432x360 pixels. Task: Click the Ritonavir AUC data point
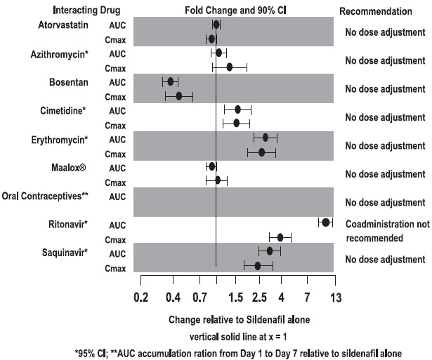(x=325, y=222)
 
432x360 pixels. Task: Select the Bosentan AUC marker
(x=170, y=81)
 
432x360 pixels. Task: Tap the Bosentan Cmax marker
(x=178, y=96)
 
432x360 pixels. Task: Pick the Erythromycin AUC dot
(x=266, y=138)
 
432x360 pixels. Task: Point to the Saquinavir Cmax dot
(x=257, y=265)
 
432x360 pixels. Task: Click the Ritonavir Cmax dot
(x=280, y=237)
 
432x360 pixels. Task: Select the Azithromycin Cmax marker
(x=229, y=67)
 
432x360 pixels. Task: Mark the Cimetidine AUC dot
(x=237, y=109)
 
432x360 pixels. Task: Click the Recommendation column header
(x=375, y=12)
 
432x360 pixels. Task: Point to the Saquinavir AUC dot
(x=270, y=251)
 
